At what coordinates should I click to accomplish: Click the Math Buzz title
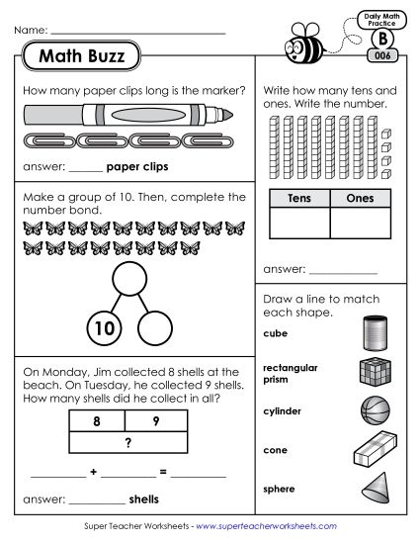pos(82,57)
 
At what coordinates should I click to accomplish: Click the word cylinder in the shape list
pos(283,410)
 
